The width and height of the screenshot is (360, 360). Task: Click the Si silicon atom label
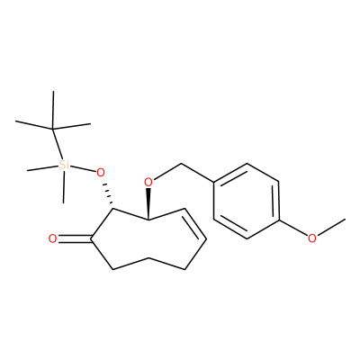coord(64,165)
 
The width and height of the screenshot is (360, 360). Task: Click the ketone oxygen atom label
coord(52,238)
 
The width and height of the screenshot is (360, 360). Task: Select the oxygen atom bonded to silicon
coord(101,173)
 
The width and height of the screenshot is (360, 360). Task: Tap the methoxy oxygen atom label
coord(312,238)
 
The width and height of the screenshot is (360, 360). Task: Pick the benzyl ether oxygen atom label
coord(148,182)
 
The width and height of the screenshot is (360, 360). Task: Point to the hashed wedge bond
coord(108,194)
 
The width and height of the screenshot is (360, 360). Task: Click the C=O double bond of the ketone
coord(75,238)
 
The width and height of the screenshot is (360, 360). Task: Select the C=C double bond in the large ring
coord(195,224)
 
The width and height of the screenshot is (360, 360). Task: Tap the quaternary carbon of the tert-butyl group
coord(53,129)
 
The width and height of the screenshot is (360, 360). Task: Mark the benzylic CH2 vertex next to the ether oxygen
coord(182,164)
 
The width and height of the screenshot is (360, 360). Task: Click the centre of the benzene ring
coord(247,201)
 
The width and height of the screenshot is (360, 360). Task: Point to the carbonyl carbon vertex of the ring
coord(91,238)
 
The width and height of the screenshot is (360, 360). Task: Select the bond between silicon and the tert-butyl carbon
coord(58,144)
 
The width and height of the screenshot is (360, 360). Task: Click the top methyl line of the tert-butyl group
coord(53,110)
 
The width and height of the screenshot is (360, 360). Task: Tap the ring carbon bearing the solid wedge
coord(148,220)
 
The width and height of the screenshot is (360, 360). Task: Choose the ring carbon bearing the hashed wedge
coord(112,209)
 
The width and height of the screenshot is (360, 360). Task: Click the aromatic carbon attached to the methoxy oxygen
coord(280,220)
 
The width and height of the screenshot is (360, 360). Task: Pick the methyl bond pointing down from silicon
coord(64,186)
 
